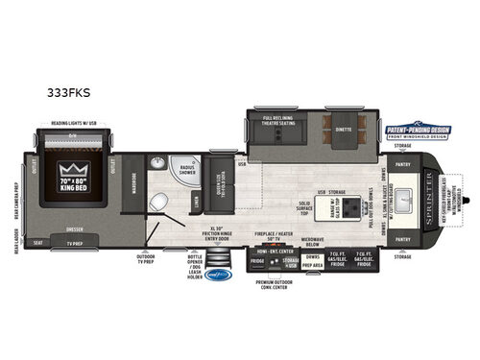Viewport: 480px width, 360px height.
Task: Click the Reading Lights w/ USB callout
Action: point(80,122)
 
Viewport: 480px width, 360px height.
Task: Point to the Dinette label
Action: point(344,126)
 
